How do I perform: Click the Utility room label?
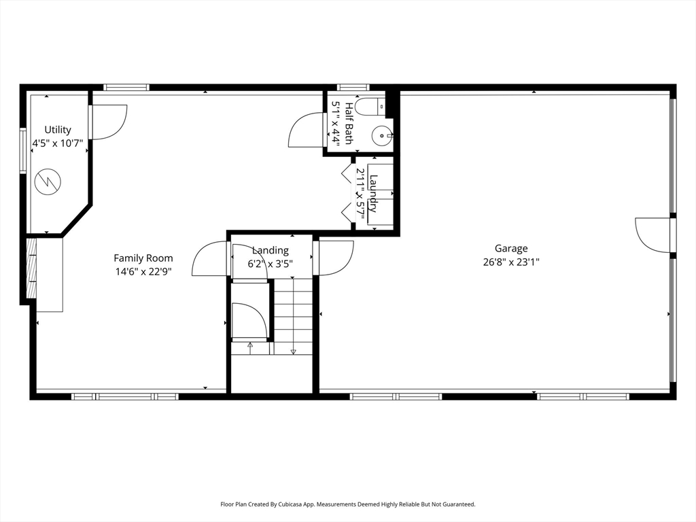58,130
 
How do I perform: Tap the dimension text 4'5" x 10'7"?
58,143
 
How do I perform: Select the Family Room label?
143,258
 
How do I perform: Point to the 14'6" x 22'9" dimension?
143,272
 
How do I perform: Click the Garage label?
511,249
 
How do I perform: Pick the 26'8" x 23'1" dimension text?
511,262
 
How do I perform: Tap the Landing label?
271,251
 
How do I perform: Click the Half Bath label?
349,124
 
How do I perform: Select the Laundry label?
373,194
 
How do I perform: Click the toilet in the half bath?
370,107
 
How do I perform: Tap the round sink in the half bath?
381,135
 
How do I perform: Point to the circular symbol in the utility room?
48,181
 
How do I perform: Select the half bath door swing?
305,130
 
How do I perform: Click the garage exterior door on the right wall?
653,235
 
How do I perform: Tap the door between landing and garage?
333,258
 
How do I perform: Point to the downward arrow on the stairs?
293,315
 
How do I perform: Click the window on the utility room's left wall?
23,150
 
